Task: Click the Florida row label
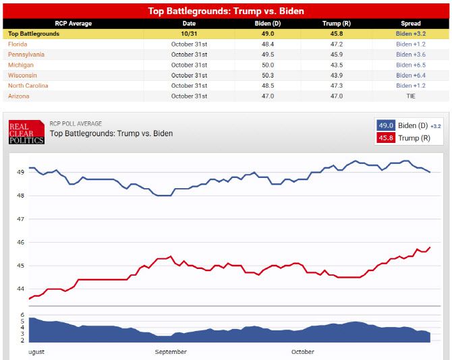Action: (x=18, y=44)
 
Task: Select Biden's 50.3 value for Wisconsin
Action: (x=267, y=75)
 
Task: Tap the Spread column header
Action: (x=410, y=23)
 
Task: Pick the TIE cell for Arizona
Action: (x=410, y=96)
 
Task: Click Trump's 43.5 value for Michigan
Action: (x=332, y=65)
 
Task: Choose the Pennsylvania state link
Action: (x=26, y=54)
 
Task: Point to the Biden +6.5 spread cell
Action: (x=410, y=65)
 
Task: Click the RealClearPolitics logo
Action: (x=26, y=132)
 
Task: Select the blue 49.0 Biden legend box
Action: (x=386, y=125)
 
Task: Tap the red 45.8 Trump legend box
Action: (x=386, y=138)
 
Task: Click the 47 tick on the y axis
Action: (x=21, y=219)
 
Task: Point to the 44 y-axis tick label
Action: (x=21, y=289)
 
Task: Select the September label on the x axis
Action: (x=171, y=352)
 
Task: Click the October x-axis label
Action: (x=303, y=352)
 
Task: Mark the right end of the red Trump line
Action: (x=430, y=247)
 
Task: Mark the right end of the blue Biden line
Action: (x=430, y=172)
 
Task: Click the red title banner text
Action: (x=226, y=11)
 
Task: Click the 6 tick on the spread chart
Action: (x=22, y=315)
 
